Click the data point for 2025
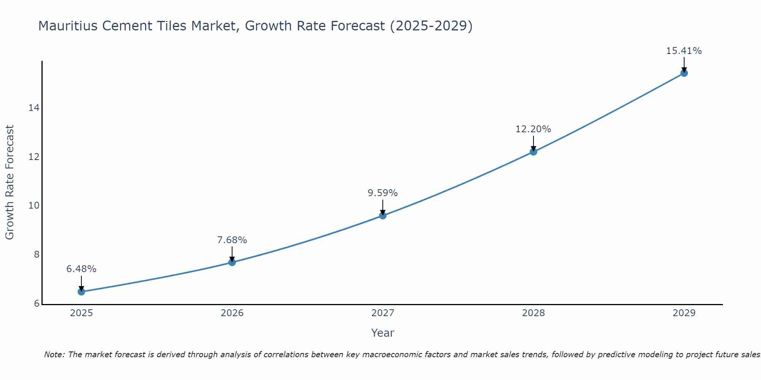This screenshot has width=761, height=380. [x=81, y=292]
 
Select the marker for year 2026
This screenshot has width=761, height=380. [x=232, y=262]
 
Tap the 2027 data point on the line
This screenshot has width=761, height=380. [x=383, y=215]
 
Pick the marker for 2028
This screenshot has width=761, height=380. [x=533, y=152]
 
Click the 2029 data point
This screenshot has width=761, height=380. [x=684, y=73]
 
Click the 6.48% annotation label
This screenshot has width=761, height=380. [x=81, y=269]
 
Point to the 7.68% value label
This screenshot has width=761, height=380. [x=232, y=240]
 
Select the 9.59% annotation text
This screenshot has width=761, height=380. [x=383, y=193]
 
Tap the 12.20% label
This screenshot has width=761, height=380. [x=533, y=129]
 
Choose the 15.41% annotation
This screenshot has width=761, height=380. [x=684, y=51]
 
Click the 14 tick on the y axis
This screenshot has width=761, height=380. [x=34, y=108]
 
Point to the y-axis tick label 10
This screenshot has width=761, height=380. [x=34, y=206]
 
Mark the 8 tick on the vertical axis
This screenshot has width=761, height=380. [x=37, y=255]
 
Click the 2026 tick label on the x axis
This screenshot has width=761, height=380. [x=232, y=313]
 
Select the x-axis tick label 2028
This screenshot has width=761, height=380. [x=533, y=313]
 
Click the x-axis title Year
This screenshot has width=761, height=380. [x=383, y=333]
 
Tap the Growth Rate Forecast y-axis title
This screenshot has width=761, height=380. [x=10, y=182]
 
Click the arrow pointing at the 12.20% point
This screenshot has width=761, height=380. [x=533, y=144]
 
